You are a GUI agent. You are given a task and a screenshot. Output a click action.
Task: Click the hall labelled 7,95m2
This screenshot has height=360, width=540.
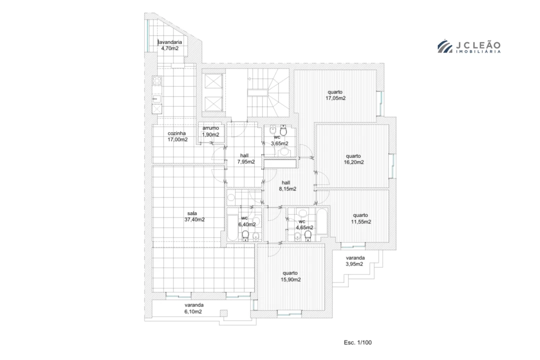[246, 158]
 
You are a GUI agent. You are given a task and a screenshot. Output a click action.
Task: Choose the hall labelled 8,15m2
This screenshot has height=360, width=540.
[287, 185]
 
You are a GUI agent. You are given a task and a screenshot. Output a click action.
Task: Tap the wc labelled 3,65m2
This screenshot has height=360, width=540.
[279, 140]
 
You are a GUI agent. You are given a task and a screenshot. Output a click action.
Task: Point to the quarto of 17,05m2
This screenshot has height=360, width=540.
[335, 95]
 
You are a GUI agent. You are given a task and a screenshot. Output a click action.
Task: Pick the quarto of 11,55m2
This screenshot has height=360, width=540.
[360, 218]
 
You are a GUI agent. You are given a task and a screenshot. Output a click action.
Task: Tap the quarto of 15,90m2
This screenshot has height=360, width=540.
[291, 276]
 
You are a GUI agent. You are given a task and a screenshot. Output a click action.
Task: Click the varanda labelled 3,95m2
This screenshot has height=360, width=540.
[354, 261]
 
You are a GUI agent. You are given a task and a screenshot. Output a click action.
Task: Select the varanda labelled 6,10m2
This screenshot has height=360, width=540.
[193, 308]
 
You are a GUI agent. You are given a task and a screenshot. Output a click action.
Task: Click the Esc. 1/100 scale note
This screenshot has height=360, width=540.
[358, 342]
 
